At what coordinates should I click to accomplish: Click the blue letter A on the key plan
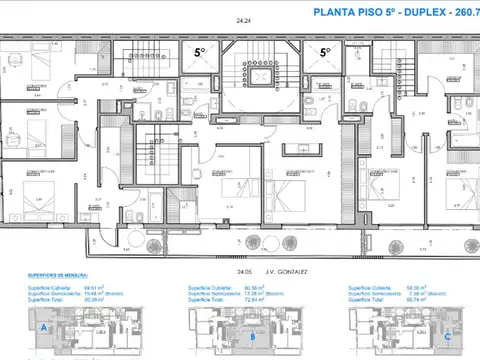[43, 326]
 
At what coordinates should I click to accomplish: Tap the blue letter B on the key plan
[255, 337]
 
